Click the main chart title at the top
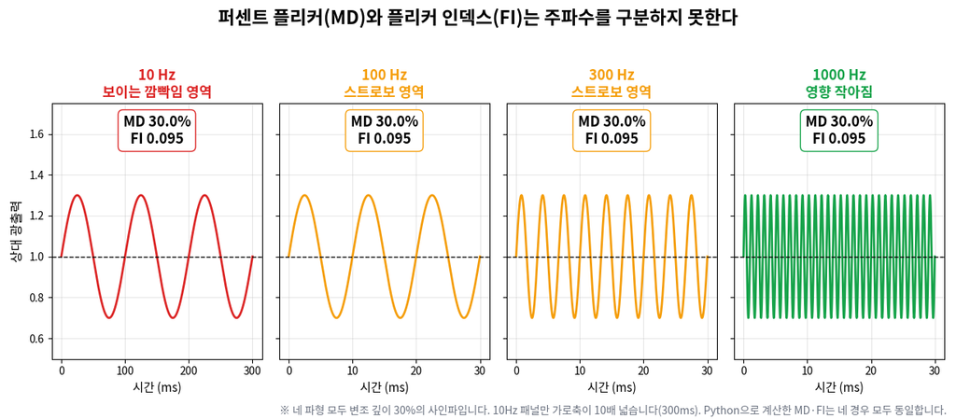[x=478, y=17]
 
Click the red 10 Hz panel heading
[x=157, y=83]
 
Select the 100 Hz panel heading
[x=385, y=83]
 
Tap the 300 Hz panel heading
[x=612, y=83]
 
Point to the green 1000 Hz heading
[x=839, y=83]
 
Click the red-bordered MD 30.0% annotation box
[x=157, y=130]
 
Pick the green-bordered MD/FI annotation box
[x=839, y=130]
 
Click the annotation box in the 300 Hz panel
[x=612, y=130]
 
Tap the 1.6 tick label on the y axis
[x=37, y=134]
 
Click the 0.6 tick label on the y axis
[x=37, y=339]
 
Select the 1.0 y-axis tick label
[x=37, y=257]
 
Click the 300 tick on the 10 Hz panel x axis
[x=252, y=370]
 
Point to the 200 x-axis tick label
[x=189, y=370]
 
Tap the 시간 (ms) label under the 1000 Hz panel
[x=839, y=388]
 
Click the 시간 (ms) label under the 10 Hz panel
[x=157, y=388]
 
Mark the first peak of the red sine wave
[x=77, y=195]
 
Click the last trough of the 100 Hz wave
[x=464, y=317]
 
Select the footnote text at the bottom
[x=612, y=410]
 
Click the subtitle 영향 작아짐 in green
[x=839, y=92]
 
